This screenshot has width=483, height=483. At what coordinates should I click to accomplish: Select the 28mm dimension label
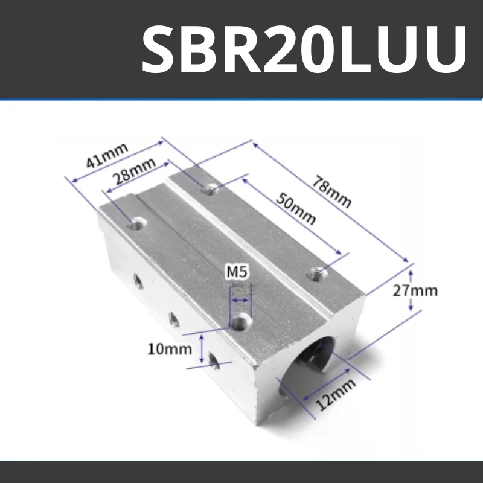134,176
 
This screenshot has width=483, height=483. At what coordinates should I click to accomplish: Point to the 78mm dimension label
331,191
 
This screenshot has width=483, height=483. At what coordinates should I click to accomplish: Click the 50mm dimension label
296,208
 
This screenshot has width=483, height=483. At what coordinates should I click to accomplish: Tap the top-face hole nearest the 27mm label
316,274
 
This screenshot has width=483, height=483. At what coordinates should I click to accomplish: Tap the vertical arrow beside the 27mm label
411,290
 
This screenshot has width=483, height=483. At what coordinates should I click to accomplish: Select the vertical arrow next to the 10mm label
202,349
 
